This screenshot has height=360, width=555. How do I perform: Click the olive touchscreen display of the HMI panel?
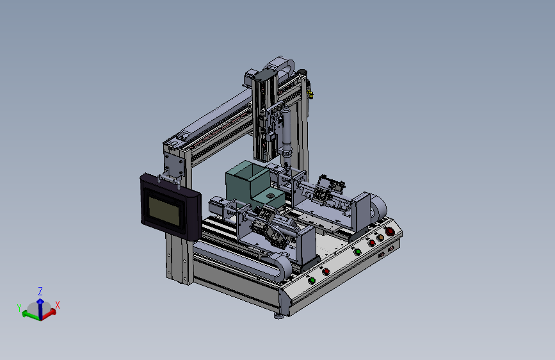[x=163, y=211]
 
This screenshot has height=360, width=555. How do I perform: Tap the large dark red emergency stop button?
[x=390, y=232]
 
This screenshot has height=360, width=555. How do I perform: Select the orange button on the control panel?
[x=380, y=238]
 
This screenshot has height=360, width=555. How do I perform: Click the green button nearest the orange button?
[x=357, y=252]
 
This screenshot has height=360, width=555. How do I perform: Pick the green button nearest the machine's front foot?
[x=312, y=281]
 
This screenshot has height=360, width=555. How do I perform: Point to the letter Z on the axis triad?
[x=40, y=291]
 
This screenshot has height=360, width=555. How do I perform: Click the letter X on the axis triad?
[x=58, y=305]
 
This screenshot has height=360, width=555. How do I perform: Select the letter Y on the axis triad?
[x=19, y=307]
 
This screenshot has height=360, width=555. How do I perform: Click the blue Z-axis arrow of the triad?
[x=40, y=309]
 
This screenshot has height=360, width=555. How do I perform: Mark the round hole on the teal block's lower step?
[x=270, y=196]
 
